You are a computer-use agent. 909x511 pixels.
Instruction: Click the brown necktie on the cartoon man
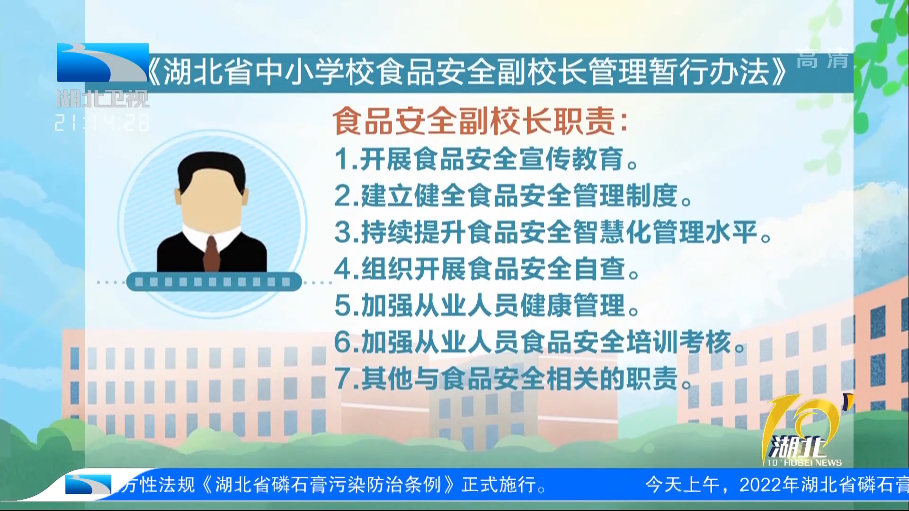[212, 253]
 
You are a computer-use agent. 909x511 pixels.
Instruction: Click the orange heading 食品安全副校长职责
[475, 121]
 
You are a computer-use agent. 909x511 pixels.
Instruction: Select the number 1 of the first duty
[343, 159]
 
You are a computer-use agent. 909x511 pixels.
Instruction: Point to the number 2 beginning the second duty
[343, 196]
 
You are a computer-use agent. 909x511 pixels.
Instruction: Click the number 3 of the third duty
[343, 232]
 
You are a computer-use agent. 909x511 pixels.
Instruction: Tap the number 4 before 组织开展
[343, 269]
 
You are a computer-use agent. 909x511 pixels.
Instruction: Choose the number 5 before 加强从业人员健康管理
[343, 306]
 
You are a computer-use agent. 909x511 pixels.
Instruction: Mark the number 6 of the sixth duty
[343, 342]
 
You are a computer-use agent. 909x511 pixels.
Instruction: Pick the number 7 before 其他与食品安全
[343, 379]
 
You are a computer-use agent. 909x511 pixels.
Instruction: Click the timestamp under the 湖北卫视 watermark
[102, 123]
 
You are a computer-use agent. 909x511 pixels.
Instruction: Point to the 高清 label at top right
[822, 59]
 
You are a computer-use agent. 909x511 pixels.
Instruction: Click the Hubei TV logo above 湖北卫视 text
[103, 62]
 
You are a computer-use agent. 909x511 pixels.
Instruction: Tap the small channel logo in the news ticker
[88, 485]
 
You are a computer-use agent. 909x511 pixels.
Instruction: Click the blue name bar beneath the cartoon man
[214, 282]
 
